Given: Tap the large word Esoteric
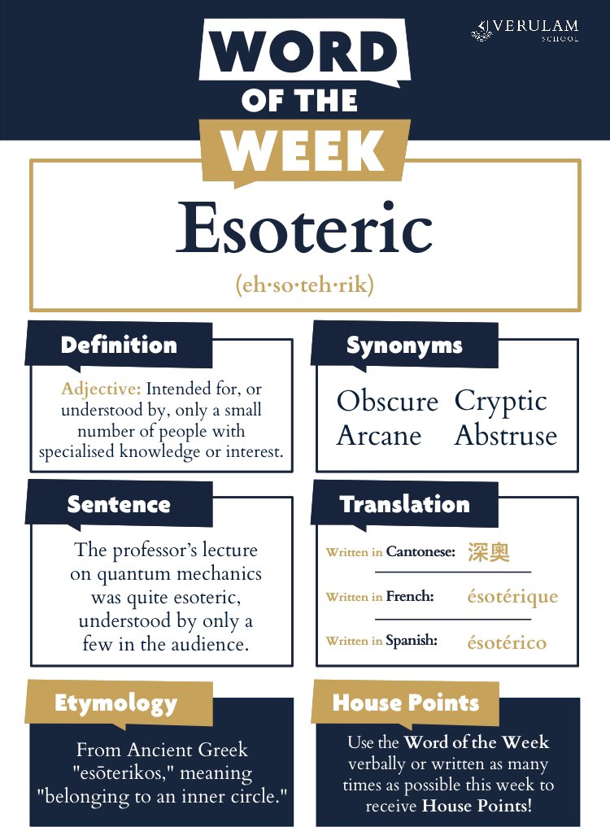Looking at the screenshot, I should coord(304,228).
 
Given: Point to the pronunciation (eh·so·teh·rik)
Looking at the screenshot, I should coord(304,286).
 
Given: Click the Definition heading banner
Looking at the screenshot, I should coord(119,345).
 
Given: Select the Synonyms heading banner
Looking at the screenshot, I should coord(404,345).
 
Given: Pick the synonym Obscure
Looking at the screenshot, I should coord(387,401).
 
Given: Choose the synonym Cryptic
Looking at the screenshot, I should coord(500,401).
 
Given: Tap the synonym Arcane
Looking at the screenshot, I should coord(379,436).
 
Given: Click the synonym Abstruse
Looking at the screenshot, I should coord(505,436).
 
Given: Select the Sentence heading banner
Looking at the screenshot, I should coord(119,504).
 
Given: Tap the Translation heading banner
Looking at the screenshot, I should coord(404,504).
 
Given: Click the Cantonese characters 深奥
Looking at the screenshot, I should coord(489,552).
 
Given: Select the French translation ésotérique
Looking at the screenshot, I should coord(512,597).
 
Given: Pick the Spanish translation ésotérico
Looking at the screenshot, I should coord(506,642).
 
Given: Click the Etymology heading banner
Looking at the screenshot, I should coord(115,703).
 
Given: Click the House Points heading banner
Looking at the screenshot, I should coord(406,703).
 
